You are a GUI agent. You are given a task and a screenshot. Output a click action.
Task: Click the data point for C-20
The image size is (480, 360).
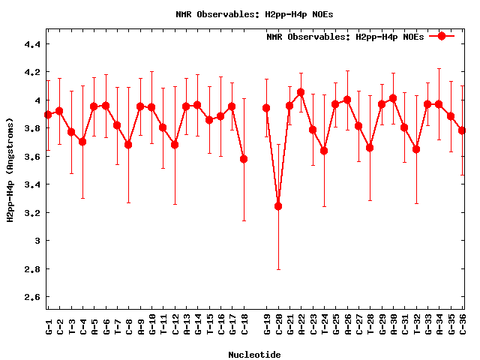click(x=278, y=206)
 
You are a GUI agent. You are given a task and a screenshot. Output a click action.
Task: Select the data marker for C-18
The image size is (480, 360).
click(x=244, y=159)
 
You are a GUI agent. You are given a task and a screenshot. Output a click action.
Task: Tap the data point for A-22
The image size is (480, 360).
click(x=301, y=92)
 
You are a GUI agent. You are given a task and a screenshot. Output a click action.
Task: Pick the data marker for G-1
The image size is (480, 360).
click(x=48, y=115)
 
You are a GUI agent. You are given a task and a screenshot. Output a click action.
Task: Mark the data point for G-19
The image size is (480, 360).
click(x=266, y=108)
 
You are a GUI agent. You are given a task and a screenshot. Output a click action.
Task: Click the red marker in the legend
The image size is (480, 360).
click(x=442, y=36)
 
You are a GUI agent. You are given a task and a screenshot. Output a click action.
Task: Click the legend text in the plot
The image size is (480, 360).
click(x=345, y=37)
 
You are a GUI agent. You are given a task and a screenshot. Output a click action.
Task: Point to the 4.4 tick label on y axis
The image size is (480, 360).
click(x=32, y=44)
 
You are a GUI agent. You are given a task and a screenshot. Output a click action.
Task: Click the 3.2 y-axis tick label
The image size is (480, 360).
click(x=32, y=213)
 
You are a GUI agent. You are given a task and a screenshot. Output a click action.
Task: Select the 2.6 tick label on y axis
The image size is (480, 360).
click(x=32, y=297)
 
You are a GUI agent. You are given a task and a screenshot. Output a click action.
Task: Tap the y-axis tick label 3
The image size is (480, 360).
click(x=37, y=241)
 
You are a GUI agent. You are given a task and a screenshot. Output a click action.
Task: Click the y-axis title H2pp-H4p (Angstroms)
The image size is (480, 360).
click(x=10, y=170)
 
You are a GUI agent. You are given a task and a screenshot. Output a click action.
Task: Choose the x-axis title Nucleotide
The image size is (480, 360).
click(x=255, y=355)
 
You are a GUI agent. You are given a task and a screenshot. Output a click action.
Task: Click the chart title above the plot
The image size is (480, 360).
click(x=256, y=14)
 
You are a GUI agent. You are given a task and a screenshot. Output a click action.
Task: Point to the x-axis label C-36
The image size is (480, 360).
click(x=463, y=324)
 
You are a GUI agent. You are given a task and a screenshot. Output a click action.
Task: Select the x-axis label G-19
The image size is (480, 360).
click(x=266, y=324)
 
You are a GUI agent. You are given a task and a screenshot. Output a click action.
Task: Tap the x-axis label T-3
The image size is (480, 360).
click(x=71, y=324)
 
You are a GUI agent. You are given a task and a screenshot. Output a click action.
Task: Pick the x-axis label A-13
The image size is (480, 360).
click(x=186, y=324)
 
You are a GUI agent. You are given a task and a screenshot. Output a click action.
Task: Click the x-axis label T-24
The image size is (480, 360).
click(x=324, y=324)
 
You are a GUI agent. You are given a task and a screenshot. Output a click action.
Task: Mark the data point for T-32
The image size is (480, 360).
click(x=416, y=149)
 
